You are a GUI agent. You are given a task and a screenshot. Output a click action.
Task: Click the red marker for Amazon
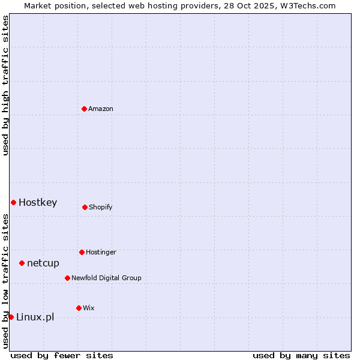point(84,109)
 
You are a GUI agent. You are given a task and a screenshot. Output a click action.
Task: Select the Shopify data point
point(85,207)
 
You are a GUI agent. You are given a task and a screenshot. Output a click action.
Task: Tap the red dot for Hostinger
point(82,252)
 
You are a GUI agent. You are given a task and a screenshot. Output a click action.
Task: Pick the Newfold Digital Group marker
point(67,278)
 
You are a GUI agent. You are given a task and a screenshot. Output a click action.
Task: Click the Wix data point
point(79,308)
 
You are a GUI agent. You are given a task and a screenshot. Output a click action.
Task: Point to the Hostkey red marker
point(13,202)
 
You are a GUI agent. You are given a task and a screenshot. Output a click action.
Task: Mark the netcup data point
point(22,263)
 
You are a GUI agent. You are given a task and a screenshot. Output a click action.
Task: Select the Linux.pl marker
point(11,317)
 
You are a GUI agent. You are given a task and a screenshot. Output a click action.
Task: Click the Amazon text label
point(101,109)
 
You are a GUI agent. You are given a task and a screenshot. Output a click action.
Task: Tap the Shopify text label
point(101,208)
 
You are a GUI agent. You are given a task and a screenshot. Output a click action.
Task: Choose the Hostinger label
point(101,252)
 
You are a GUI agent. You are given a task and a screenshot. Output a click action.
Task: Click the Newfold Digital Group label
point(106,278)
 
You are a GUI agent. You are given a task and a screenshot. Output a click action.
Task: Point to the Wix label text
point(89,308)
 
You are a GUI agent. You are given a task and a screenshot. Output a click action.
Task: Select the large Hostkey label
point(38,202)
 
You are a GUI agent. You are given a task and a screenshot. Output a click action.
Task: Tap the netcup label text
point(43,263)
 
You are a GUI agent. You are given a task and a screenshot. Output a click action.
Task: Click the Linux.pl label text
point(35,317)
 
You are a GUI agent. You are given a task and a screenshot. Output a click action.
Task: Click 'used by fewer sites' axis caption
point(62,355)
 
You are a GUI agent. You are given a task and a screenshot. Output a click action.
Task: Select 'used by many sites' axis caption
point(301,355)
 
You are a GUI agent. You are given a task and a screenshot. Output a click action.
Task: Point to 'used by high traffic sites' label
point(5,85)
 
